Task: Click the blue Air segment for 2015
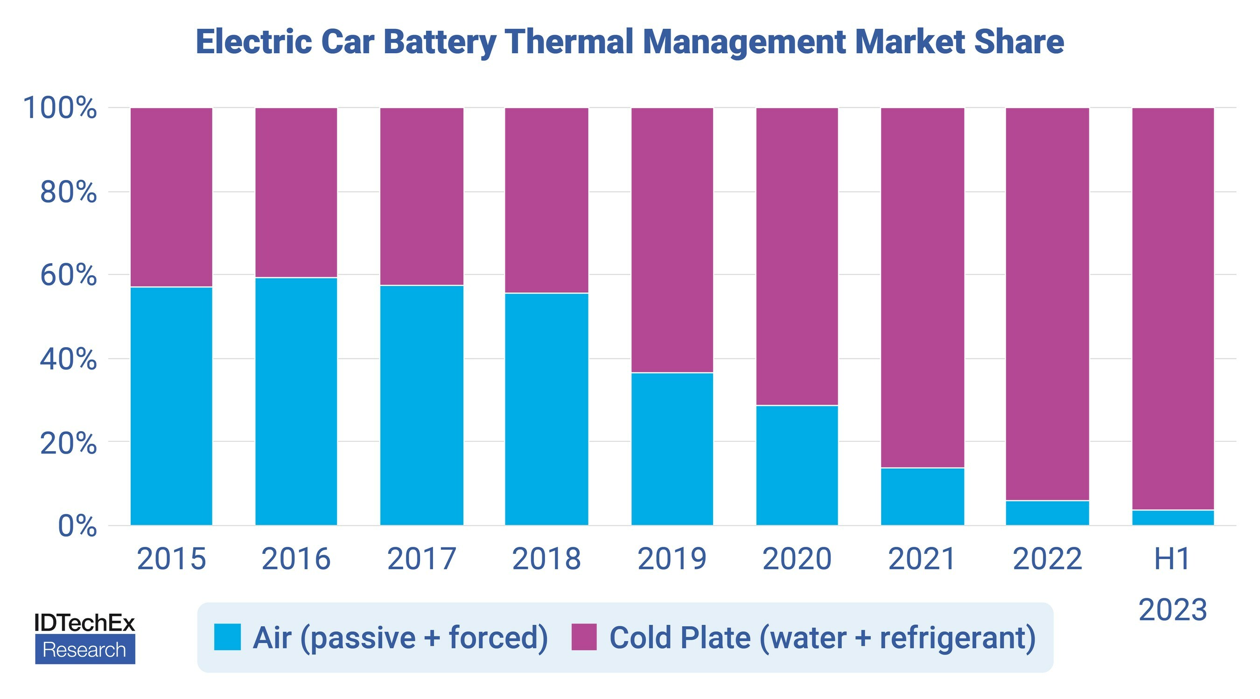coord(171,406)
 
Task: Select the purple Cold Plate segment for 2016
coord(296,192)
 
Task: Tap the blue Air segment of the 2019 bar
coord(672,449)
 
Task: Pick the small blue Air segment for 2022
coord(1047,513)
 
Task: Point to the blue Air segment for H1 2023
coord(1173,517)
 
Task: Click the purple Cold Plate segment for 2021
coord(923,287)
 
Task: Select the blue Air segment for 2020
coord(797,465)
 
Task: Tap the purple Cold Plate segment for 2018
coord(547,200)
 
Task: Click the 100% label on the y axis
coord(60,108)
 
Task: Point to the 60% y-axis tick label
coord(69,275)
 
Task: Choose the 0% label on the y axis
coord(77,526)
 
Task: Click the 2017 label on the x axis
coord(421,559)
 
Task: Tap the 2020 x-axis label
coord(797,559)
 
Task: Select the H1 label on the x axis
coord(1172,559)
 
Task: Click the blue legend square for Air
coord(227,637)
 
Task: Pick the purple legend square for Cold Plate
coord(584,637)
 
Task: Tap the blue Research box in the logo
coord(85,650)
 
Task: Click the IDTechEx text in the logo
coord(84,622)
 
